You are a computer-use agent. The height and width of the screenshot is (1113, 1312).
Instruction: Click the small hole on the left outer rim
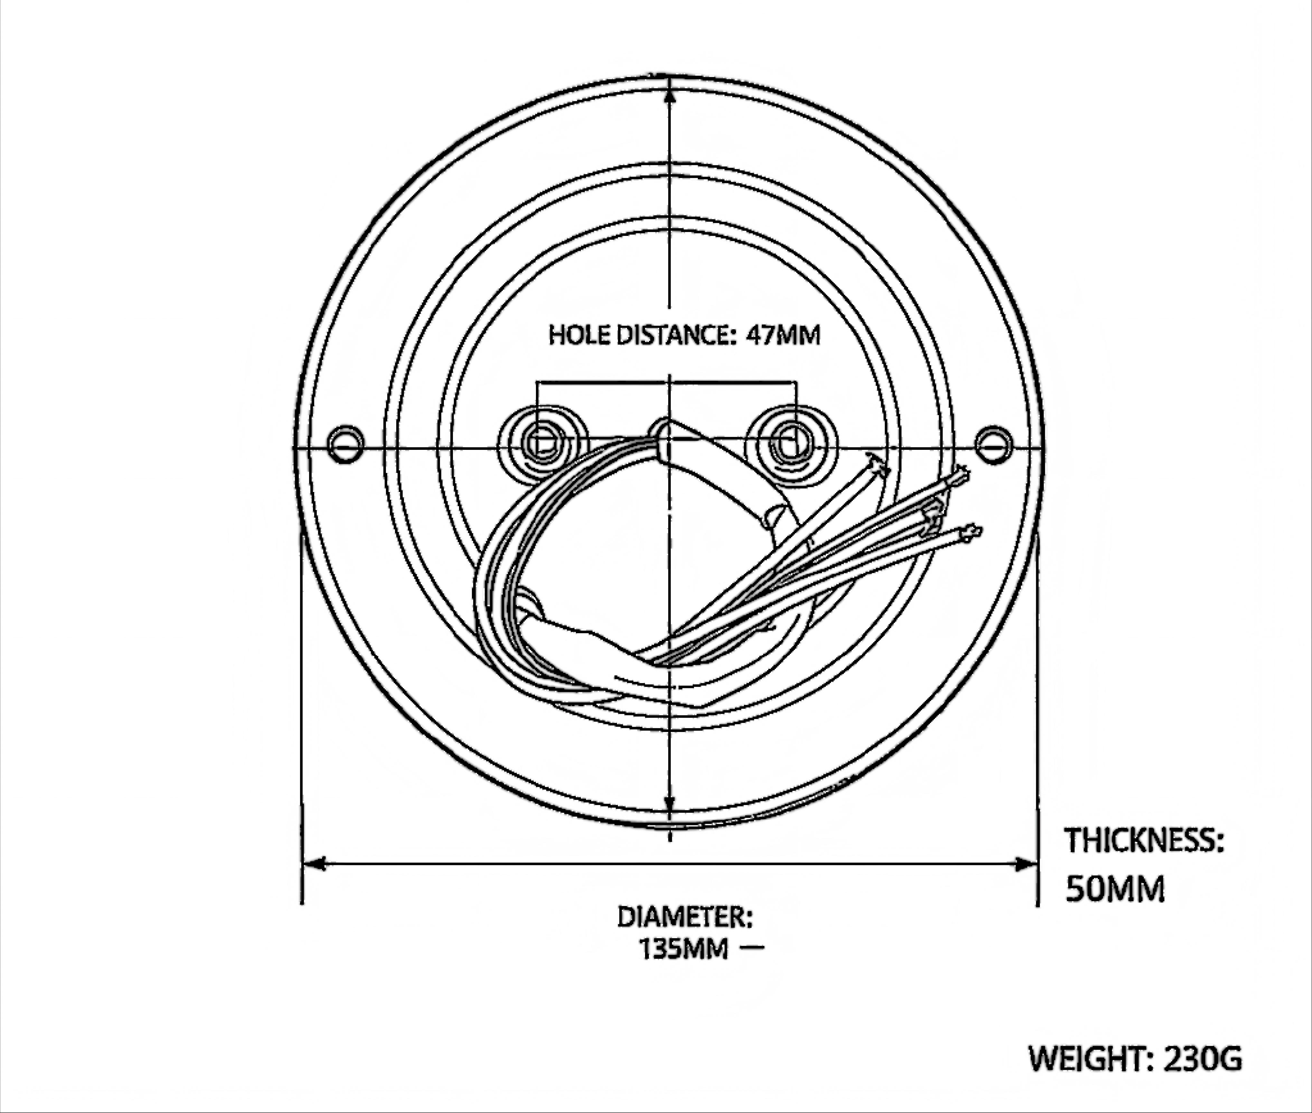(346, 444)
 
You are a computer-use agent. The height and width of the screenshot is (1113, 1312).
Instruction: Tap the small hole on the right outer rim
(994, 444)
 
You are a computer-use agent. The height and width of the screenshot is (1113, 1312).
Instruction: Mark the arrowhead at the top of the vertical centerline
(670, 95)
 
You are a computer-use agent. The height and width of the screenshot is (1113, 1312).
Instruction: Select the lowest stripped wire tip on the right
(969, 532)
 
